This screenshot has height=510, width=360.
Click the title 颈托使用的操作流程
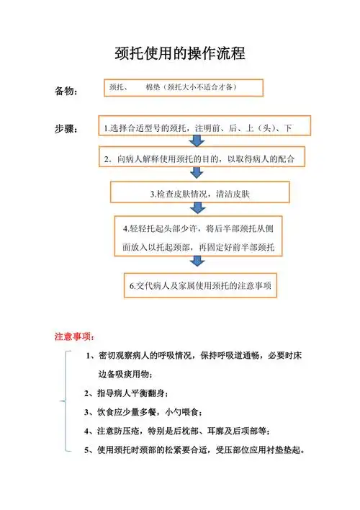click(x=180, y=53)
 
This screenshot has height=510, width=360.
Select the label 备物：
click(x=69, y=92)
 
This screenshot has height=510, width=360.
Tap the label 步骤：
click(x=69, y=129)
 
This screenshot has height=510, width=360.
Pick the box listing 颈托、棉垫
click(x=183, y=87)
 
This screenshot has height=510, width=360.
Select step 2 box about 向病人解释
click(x=201, y=158)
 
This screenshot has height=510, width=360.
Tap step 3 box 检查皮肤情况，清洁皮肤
click(x=199, y=193)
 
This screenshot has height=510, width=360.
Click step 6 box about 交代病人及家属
click(x=200, y=286)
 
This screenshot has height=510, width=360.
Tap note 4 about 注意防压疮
click(x=177, y=431)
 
